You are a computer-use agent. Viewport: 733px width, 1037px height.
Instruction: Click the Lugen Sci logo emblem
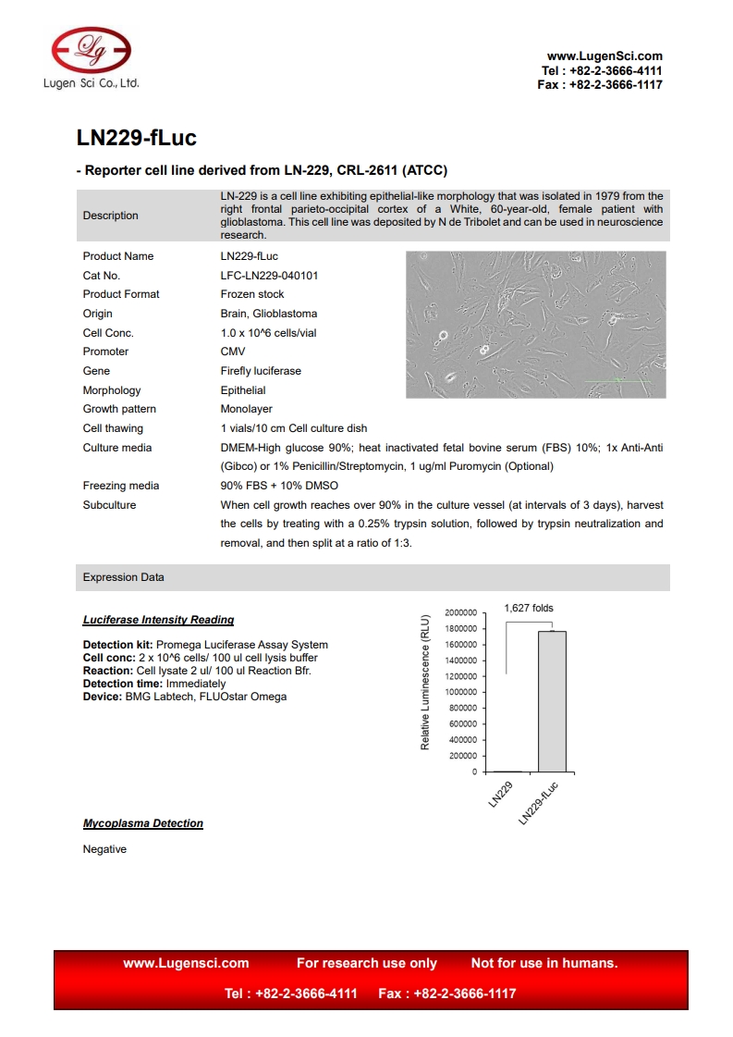point(91,50)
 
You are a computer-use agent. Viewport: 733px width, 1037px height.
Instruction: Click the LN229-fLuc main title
point(136,139)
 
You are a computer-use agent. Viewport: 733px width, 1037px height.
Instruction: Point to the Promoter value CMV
point(233,352)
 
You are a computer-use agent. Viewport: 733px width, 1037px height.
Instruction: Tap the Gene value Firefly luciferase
point(261,371)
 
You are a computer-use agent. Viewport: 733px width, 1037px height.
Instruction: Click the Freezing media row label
point(121,486)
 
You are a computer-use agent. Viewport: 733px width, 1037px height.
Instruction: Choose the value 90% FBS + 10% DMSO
point(279,486)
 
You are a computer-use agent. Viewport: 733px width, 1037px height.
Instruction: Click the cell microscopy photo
point(535,325)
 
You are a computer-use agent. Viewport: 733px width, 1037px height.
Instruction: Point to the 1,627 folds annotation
point(529,608)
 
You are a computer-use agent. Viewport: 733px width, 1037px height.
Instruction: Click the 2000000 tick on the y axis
point(460,612)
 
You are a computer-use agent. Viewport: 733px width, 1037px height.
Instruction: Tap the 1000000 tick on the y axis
point(460,692)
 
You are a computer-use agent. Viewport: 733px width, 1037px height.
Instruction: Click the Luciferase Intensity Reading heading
point(158,620)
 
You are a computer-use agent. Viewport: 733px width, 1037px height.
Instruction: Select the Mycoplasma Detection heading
point(143,823)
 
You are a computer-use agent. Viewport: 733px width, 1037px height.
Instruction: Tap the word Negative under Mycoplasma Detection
point(104,849)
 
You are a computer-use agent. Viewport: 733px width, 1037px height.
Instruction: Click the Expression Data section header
point(124,577)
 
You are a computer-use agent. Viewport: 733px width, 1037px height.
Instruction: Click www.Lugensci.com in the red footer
point(186,963)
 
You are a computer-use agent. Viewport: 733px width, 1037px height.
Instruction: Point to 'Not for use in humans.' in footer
point(544,963)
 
